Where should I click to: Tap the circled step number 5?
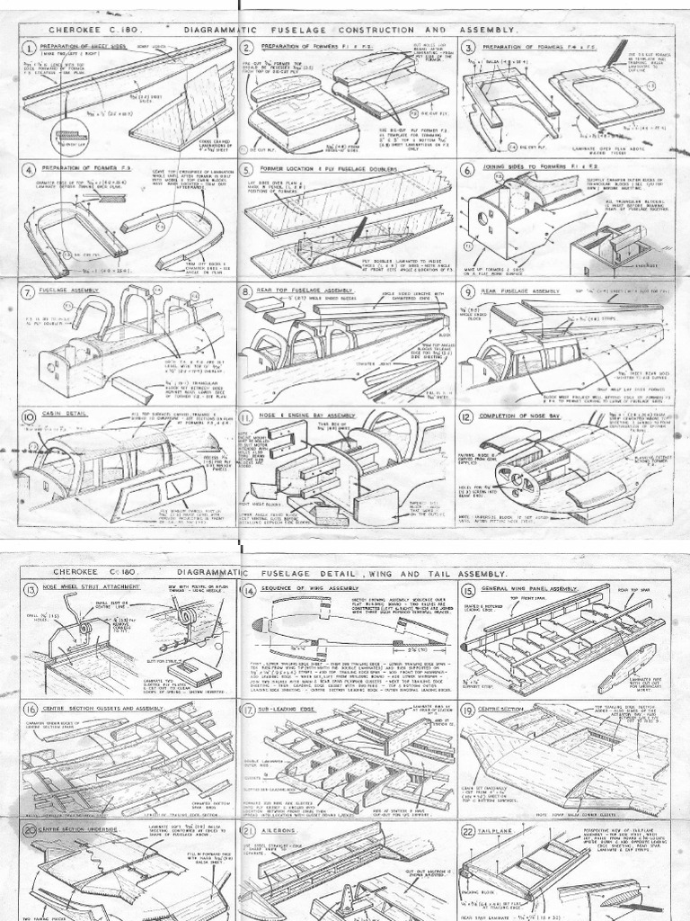(x=247, y=170)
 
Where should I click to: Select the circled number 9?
(x=467, y=292)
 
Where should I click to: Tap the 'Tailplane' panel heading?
(x=507, y=830)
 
